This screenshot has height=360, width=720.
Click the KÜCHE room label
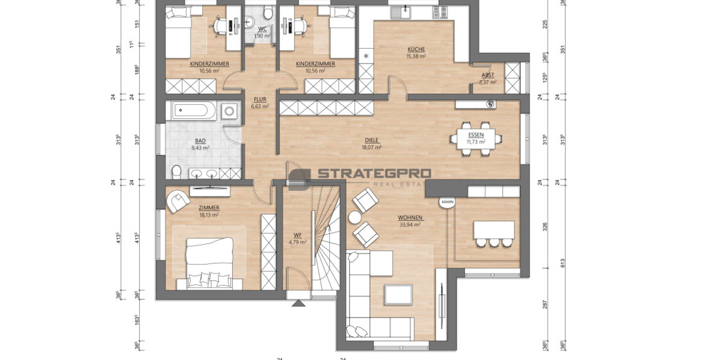pyautogui.click(x=416, y=49)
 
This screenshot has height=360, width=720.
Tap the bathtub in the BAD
pyautogui.click(x=191, y=111)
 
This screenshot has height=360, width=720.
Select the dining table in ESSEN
pyautogui.click(x=476, y=139)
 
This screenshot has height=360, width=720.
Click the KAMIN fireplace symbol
pyautogui.click(x=448, y=203)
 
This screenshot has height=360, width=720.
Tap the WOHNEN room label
pyautogui.click(x=410, y=217)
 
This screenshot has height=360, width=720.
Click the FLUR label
pyautogui.click(x=259, y=100)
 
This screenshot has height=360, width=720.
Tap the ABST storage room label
pyautogui.click(x=488, y=75)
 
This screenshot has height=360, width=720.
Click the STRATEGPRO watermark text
pyautogui.click(x=373, y=174)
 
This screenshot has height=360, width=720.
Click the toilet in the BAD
pyautogui.click(x=176, y=172)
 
